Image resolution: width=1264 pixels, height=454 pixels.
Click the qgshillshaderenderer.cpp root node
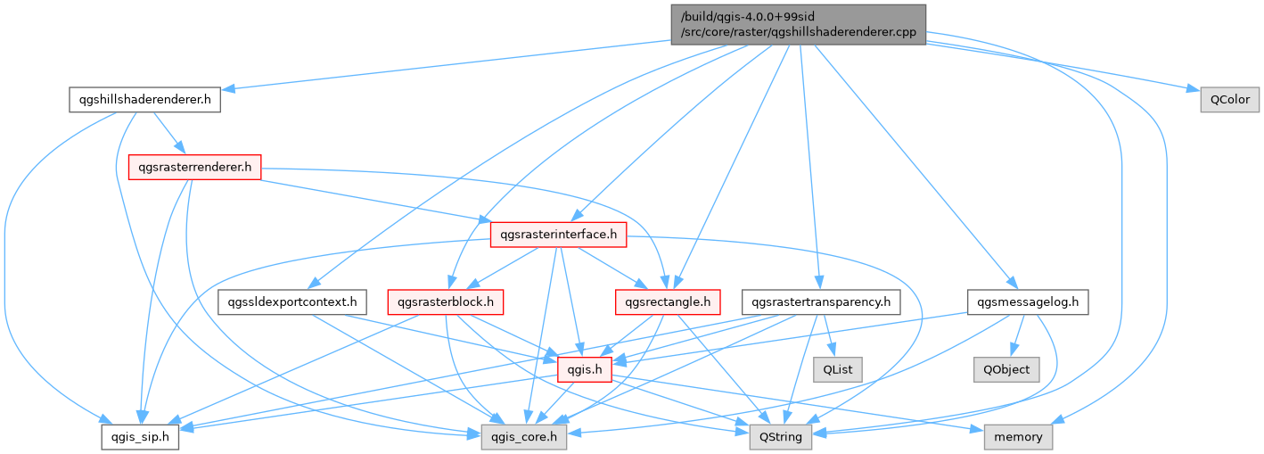798,23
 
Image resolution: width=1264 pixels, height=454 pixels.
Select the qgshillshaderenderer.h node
144,99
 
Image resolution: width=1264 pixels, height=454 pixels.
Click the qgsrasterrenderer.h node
194,166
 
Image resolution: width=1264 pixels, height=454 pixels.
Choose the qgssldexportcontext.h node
291,302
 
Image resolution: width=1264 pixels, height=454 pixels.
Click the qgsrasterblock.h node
446,302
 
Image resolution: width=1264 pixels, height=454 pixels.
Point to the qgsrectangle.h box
668,302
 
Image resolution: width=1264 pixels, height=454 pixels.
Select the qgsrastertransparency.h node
821,302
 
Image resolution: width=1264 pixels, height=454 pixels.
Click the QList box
837,369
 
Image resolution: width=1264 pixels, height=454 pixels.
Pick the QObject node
1007,369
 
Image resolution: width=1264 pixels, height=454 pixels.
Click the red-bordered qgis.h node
584,369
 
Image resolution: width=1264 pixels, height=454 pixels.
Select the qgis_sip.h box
140,437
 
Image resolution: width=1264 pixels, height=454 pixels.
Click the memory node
1018,437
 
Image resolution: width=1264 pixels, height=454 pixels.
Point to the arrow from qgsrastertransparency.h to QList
829,336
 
